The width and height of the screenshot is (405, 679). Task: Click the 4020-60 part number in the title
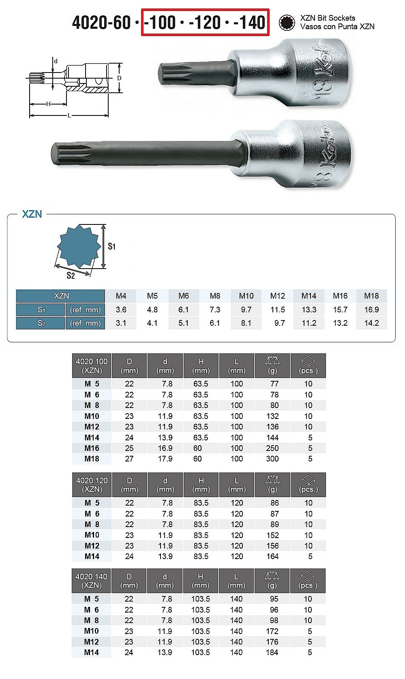[x=101, y=23]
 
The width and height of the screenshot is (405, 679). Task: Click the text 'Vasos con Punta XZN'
[x=337, y=27]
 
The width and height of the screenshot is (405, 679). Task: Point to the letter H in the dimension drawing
[x=48, y=104]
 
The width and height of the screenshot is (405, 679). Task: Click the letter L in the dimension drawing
[x=69, y=116]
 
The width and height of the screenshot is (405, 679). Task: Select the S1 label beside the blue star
[x=111, y=246]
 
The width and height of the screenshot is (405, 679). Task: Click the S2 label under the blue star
[x=71, y=276]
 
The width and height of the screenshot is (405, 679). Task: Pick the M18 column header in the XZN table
[x=371, y=296]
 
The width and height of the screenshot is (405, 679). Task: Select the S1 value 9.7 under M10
[x=246, y=310]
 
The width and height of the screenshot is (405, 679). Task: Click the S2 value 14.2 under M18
[x=371, y=323]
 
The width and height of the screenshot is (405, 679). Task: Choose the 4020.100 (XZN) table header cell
[x=92, y=366]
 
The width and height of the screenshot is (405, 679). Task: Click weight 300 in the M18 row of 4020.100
[x=272, y=459]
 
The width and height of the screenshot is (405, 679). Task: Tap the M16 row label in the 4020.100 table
[x=92, y=448]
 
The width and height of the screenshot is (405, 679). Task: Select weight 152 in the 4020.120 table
[x=272, y=535]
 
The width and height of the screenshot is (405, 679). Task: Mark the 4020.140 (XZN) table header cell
[x=91, y=581]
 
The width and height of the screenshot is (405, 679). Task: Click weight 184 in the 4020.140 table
[x=272, y=652]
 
